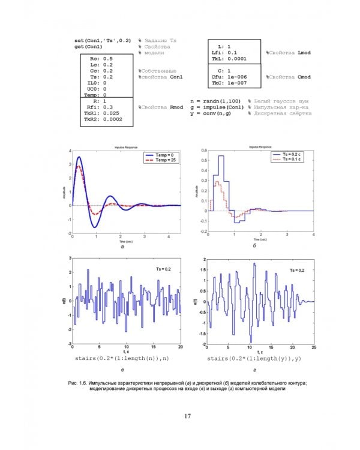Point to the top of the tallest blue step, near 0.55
click(221, 156)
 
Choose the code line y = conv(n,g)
click(217, 113)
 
